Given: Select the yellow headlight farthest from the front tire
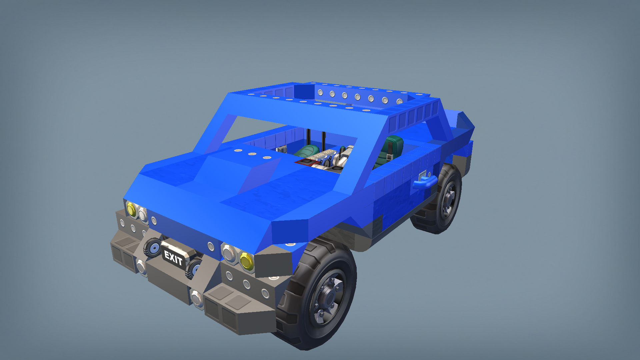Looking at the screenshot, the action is click(131, 209).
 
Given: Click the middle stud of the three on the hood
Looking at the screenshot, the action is click(252, 154).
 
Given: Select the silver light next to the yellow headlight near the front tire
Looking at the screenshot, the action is click(229, 253).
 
